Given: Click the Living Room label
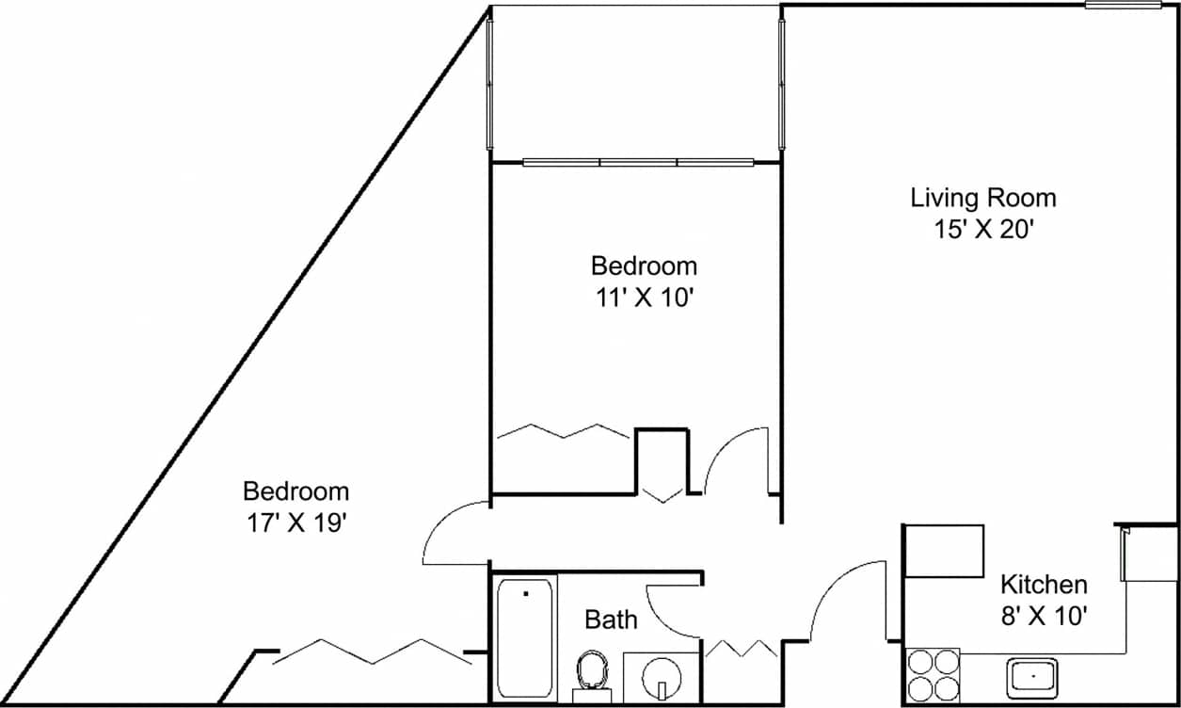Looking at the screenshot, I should tap(983, 199).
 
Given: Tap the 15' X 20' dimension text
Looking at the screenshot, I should tap(983, 231).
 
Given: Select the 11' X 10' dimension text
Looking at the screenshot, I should tap(644, 298).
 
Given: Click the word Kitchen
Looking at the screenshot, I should tap(1044, 585).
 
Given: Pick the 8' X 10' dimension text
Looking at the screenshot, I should tap(1044, 617).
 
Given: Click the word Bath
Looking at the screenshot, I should tap(611, 619).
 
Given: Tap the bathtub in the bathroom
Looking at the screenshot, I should tap(526, 637).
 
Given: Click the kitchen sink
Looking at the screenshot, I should tap(1032, 677).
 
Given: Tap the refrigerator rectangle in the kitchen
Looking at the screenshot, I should tap(944, 551).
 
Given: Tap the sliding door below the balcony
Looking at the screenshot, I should tap(638, 163).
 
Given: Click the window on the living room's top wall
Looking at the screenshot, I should tap(1123, 6).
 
